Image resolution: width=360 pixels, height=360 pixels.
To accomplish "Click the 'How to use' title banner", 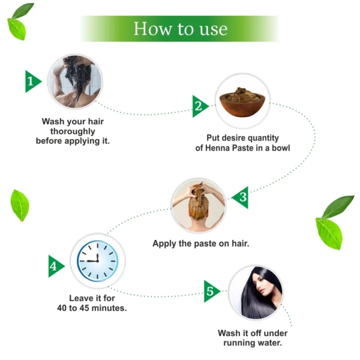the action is pos(180,29).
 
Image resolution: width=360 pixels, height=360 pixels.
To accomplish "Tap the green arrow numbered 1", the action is pos(32,82).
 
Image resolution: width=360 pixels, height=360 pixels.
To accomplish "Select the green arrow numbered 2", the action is pos(200,106).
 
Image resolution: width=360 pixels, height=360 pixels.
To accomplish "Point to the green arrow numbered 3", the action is pos(241,197).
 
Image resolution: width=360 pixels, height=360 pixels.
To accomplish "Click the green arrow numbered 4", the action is pos(56,266).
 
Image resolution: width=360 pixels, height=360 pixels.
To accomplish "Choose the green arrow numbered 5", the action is pos(211,291).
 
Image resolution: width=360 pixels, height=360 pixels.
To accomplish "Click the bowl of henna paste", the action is pos(242,102).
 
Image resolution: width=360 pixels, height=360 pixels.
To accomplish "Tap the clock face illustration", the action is pos(98,261).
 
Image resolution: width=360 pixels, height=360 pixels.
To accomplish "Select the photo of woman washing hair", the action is pos(75,81).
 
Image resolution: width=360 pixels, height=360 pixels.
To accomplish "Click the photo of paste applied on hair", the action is pos(199,206).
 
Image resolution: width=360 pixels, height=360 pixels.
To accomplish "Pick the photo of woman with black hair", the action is pos(256,292).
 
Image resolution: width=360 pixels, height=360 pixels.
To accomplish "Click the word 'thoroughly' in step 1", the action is pos(73,131).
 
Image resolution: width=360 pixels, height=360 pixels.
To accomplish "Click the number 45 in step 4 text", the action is pos(84,308).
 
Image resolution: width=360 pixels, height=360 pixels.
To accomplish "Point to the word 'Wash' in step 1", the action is pos(50,121).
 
